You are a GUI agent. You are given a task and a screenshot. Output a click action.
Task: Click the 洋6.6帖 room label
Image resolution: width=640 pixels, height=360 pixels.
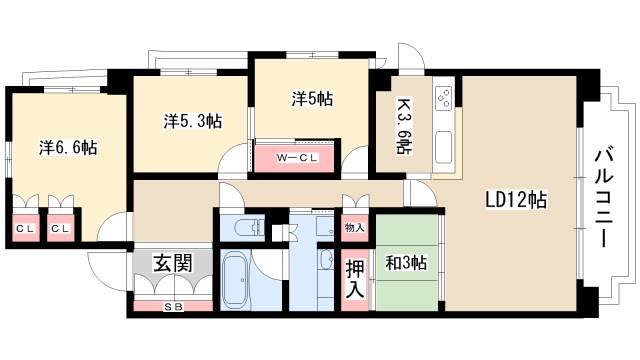point(68,147)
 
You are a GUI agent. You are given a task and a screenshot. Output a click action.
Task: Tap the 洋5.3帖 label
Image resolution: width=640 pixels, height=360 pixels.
point(192,121)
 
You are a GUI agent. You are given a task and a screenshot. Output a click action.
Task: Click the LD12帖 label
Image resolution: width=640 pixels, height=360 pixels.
point(516,199)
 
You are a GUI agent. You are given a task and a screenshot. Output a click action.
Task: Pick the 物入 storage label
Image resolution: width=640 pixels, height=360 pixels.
point(355,228)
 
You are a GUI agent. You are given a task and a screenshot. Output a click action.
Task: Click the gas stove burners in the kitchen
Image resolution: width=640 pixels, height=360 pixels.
point(442,99)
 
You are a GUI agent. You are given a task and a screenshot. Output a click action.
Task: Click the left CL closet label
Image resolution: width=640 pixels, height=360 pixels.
point(23,228)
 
